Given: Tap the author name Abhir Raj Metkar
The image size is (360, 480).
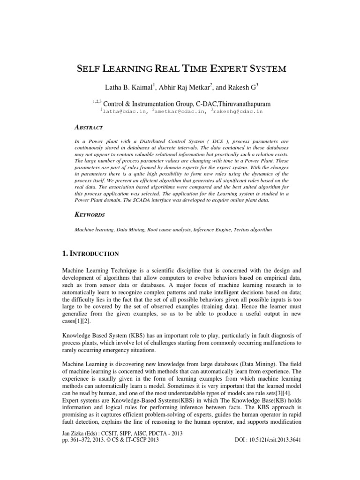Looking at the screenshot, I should click(x=181, y=87).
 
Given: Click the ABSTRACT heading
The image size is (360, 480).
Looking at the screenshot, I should click(x=90, y=127).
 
